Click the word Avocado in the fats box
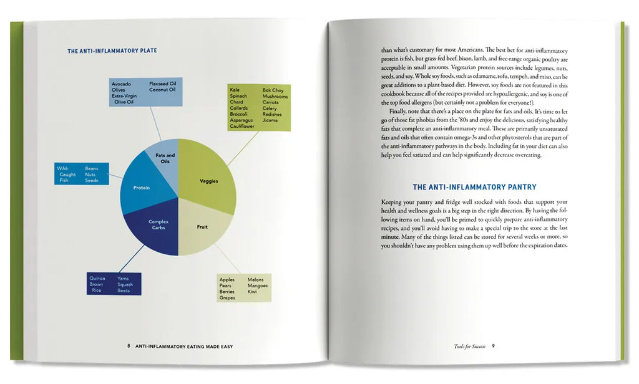pos(122,84)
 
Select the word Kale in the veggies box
pos(235,90)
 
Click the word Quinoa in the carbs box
pos(97,278)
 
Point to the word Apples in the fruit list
pos(227,279)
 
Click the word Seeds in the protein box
pos(92,180)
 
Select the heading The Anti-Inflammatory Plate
pos(112,50)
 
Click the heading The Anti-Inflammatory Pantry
pos(474,187)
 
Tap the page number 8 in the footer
pos(128,346)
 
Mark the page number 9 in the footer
pos(493,346)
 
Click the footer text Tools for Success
pos(470,346)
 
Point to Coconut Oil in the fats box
pos(162,90)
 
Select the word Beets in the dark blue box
pos(124,290)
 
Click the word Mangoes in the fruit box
pos(258,286)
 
